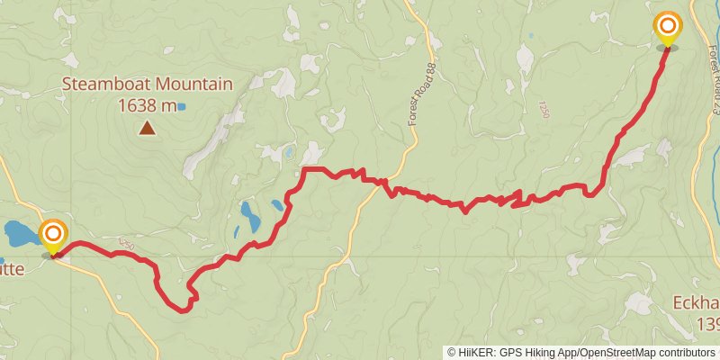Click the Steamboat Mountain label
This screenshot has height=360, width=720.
click(x=147, y=85)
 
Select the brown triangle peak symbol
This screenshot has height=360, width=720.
click(x=147, y=129)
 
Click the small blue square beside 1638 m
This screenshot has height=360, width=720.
click(x=182, y=106)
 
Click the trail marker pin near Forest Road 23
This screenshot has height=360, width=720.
click(x=668, y=29)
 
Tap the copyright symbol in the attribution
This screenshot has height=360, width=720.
click(x=452, y=352)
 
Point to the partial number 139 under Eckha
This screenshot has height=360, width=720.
click(x=707, y=322)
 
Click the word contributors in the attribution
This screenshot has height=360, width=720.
click(x=685, y=352)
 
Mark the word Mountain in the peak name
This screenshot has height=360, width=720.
click(x=192, y=85)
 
